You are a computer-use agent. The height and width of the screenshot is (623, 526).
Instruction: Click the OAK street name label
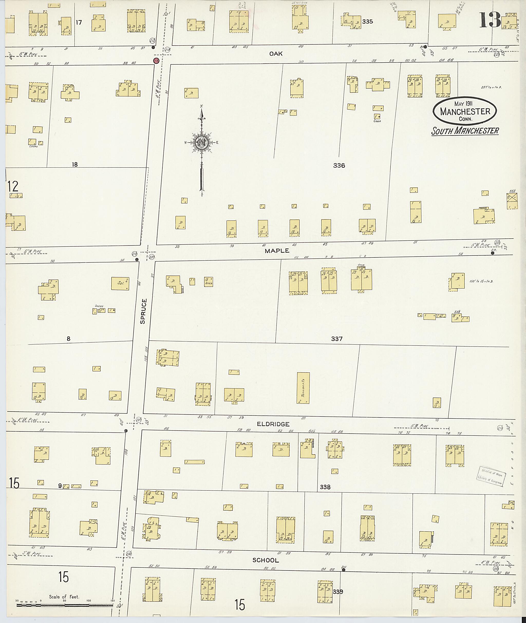click(276, 54)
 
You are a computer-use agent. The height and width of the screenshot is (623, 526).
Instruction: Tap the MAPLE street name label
click(277, 251)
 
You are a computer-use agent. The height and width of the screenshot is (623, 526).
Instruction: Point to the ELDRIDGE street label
click(273, 424)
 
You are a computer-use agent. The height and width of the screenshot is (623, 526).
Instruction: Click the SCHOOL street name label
click(265, 560)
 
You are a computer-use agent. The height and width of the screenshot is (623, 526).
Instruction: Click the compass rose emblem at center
click(202, 143)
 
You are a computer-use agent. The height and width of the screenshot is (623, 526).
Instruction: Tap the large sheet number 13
click(490, 20)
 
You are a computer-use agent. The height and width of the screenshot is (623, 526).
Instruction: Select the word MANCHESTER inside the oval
click(465, 112)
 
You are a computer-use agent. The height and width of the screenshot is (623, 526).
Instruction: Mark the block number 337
click(337, 339)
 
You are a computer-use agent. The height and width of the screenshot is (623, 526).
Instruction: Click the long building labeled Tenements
click(303, 388)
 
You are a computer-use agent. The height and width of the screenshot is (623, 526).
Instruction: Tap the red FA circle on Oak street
click(156, 61)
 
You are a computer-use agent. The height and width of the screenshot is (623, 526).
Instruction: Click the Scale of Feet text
click(64, 597)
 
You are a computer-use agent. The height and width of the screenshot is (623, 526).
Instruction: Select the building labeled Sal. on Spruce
click(120, 283)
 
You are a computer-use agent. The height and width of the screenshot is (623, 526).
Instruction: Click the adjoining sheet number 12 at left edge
click(13, 186)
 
